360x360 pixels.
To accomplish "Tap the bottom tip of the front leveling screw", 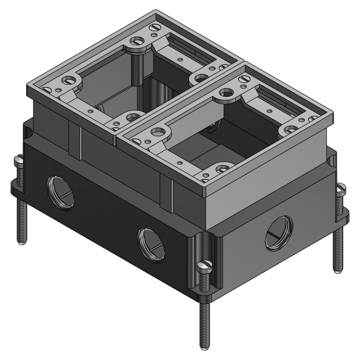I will pos(205,347).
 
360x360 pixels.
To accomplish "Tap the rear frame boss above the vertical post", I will pos(138,42).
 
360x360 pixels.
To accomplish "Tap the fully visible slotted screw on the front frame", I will pos(245,78).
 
